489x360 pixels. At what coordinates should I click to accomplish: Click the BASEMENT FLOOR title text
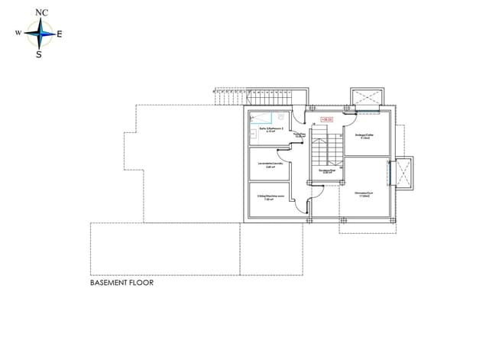(x=122, y=283)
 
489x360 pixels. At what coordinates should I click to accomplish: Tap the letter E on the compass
(x=60, y=34)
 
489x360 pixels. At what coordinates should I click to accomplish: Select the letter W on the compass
(x=18, y=34)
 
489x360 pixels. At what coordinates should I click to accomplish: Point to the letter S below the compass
(x=38, y=54)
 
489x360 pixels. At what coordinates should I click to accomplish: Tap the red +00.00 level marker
(x=328, y=119)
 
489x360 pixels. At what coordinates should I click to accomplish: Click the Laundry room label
(x=269, y=166)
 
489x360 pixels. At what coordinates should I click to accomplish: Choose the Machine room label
(x=270, y=197)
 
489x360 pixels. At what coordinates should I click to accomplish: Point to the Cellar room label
(x=364, y=137)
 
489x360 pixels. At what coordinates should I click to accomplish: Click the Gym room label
(x=363, y=194)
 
